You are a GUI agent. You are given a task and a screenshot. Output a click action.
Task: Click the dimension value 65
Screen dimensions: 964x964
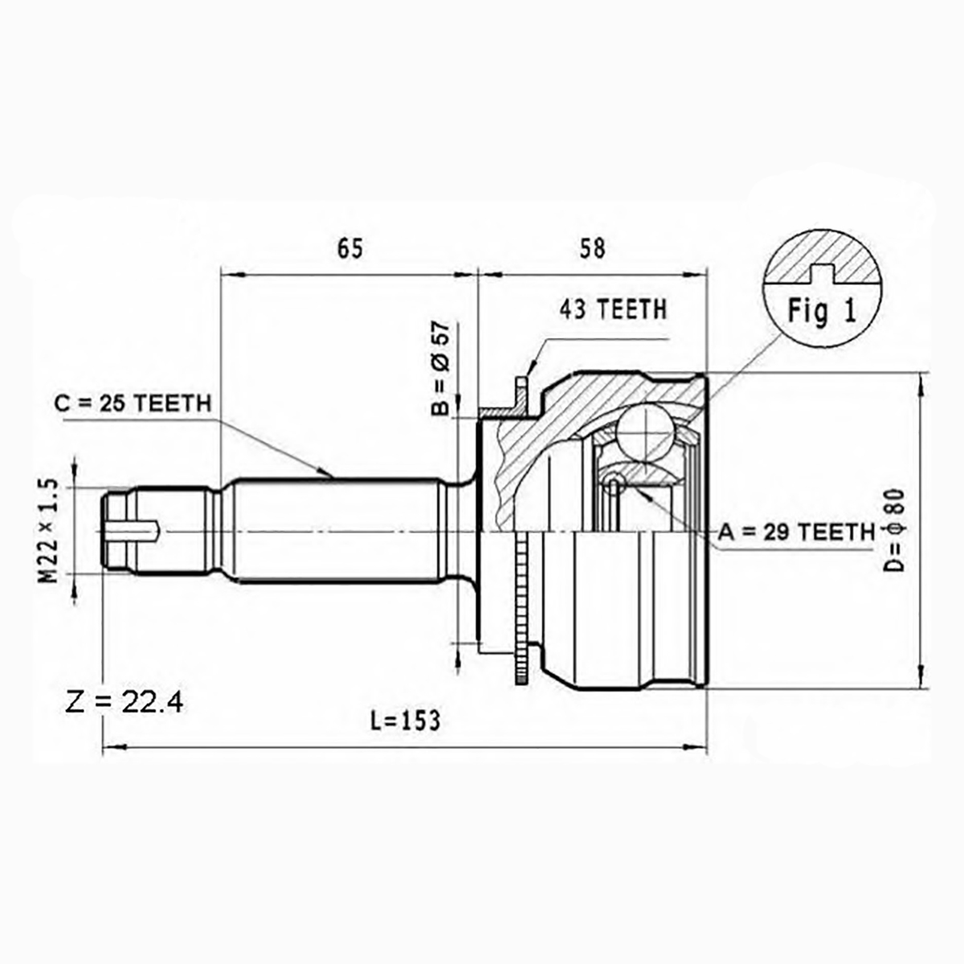[349, 248]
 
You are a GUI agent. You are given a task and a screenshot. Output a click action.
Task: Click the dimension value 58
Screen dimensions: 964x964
[592, 248]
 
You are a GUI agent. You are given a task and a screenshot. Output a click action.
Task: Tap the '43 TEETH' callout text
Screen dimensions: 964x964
[613, 309]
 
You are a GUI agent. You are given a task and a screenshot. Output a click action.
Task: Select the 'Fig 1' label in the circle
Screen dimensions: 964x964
[823, 311]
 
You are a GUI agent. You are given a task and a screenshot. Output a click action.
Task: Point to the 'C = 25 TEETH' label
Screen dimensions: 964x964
[133, 403]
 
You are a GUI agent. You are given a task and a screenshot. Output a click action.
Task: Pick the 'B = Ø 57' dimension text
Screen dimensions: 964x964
[441, 368]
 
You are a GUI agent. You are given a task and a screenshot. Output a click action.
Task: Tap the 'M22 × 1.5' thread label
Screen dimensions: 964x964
[48, 531]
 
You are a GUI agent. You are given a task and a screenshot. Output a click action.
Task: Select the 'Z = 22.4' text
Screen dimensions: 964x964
[125, 702]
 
